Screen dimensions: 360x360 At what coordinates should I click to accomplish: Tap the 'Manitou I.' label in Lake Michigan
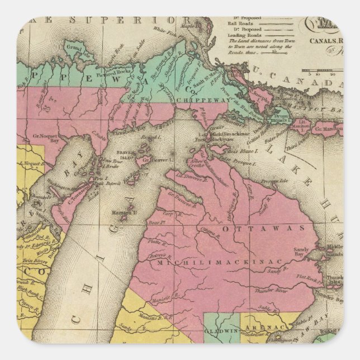point(128,213)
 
